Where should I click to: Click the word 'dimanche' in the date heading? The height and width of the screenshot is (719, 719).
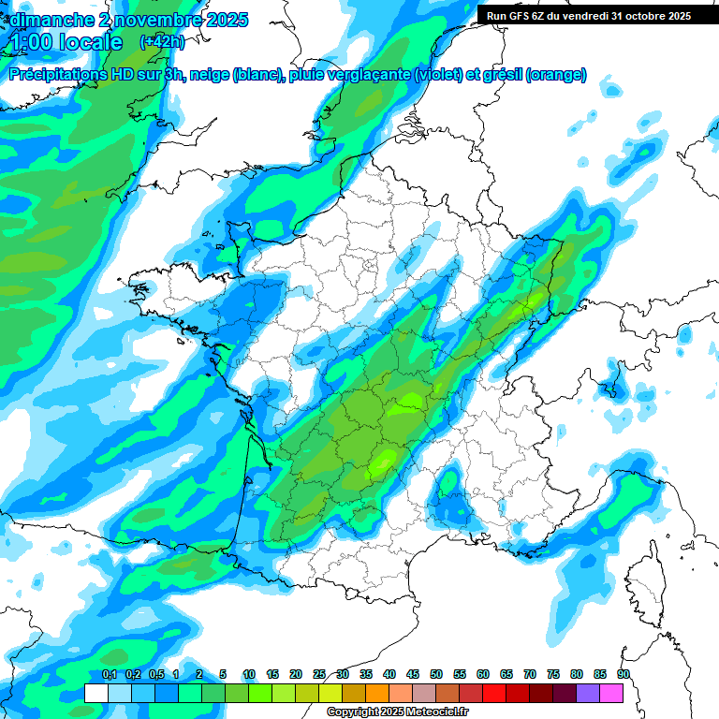pyautogui.click(x=46, y=20)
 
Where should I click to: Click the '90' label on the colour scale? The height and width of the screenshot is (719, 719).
pyautogui.click(x=624, y=674)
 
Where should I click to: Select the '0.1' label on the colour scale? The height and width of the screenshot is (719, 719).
pyautogui.click(x=109, y=674)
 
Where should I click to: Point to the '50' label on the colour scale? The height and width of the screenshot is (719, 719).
pyautogui.click(x=436, y=674)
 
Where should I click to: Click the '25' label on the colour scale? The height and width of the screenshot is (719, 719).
pyautogui.click(x=319, y=674)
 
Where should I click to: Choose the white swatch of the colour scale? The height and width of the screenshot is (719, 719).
pyautogui.click(x=95, y=693)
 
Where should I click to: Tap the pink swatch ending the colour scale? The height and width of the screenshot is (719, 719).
pyautogui.click(x=611, y=693)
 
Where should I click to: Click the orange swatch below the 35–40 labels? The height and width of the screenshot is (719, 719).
pyautogui.click(x=377, y=693)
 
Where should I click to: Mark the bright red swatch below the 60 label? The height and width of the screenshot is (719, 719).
pyautogui.click(x=494, y=693)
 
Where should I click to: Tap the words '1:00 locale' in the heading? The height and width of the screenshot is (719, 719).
pyautogui.click(x=65, y=42)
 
